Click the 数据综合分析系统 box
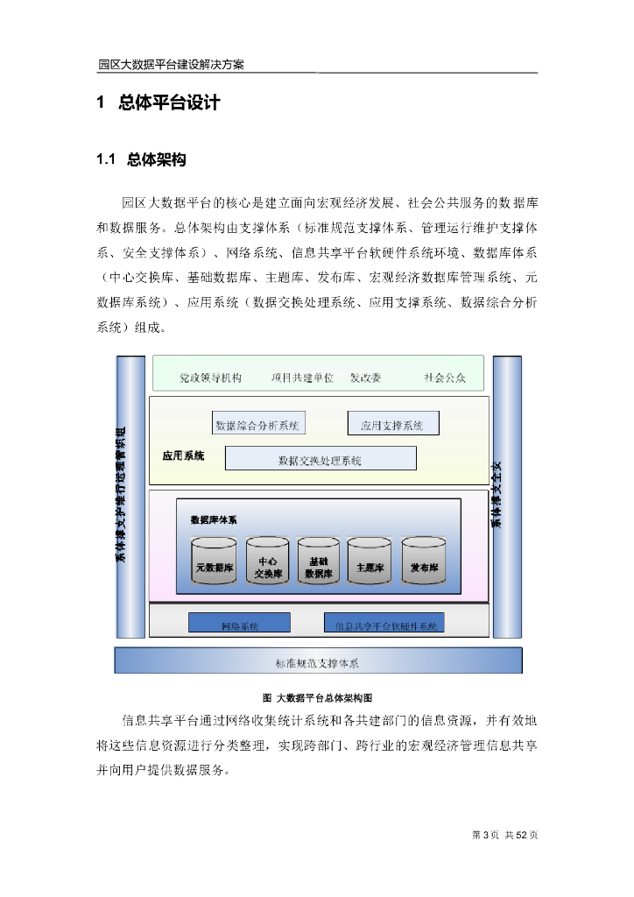[x=257, y=425]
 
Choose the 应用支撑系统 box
[x=393, y=425]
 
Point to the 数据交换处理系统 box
[x=321, y=459]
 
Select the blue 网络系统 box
[x=240, y=625]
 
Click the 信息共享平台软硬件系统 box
[x=384, y=625]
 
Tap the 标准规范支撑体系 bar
[x=318, y=661]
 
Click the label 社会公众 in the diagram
[x=444, y=378]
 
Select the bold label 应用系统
[x=183, y=456]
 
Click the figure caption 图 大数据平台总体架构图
[x=318, y=698]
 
